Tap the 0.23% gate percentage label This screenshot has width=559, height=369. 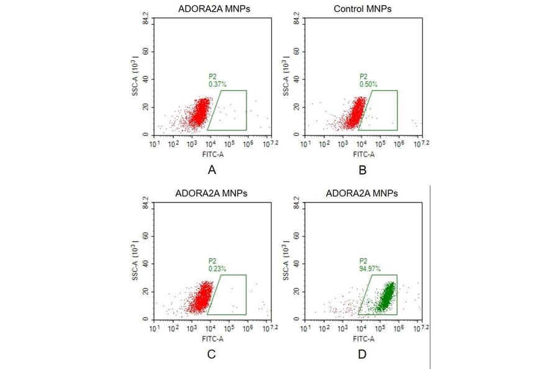217,268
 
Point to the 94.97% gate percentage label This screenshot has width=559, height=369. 370,268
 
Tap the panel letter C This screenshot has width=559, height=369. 212,355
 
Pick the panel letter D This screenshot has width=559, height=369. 363,355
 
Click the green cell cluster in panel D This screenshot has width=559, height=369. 385,297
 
